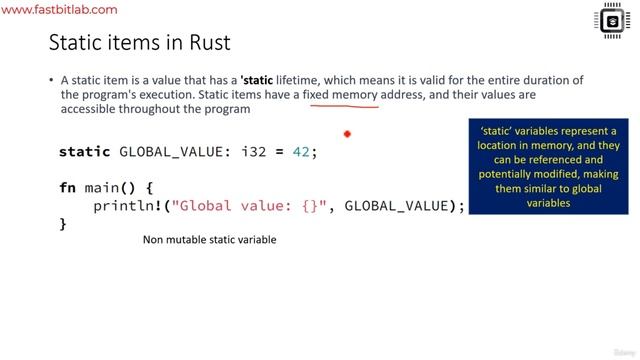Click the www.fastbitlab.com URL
tap(61, 10)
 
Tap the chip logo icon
tap(611, 21)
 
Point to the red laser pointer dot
tap(347, 133)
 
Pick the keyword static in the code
tap(85, 152)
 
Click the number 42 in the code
tap(299, 152)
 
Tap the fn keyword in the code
tap(68, 187)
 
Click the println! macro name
tap(131, 206)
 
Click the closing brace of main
tap(63, 224)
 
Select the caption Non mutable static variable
tap(209, 240)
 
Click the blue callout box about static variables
tap(548, 167)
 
